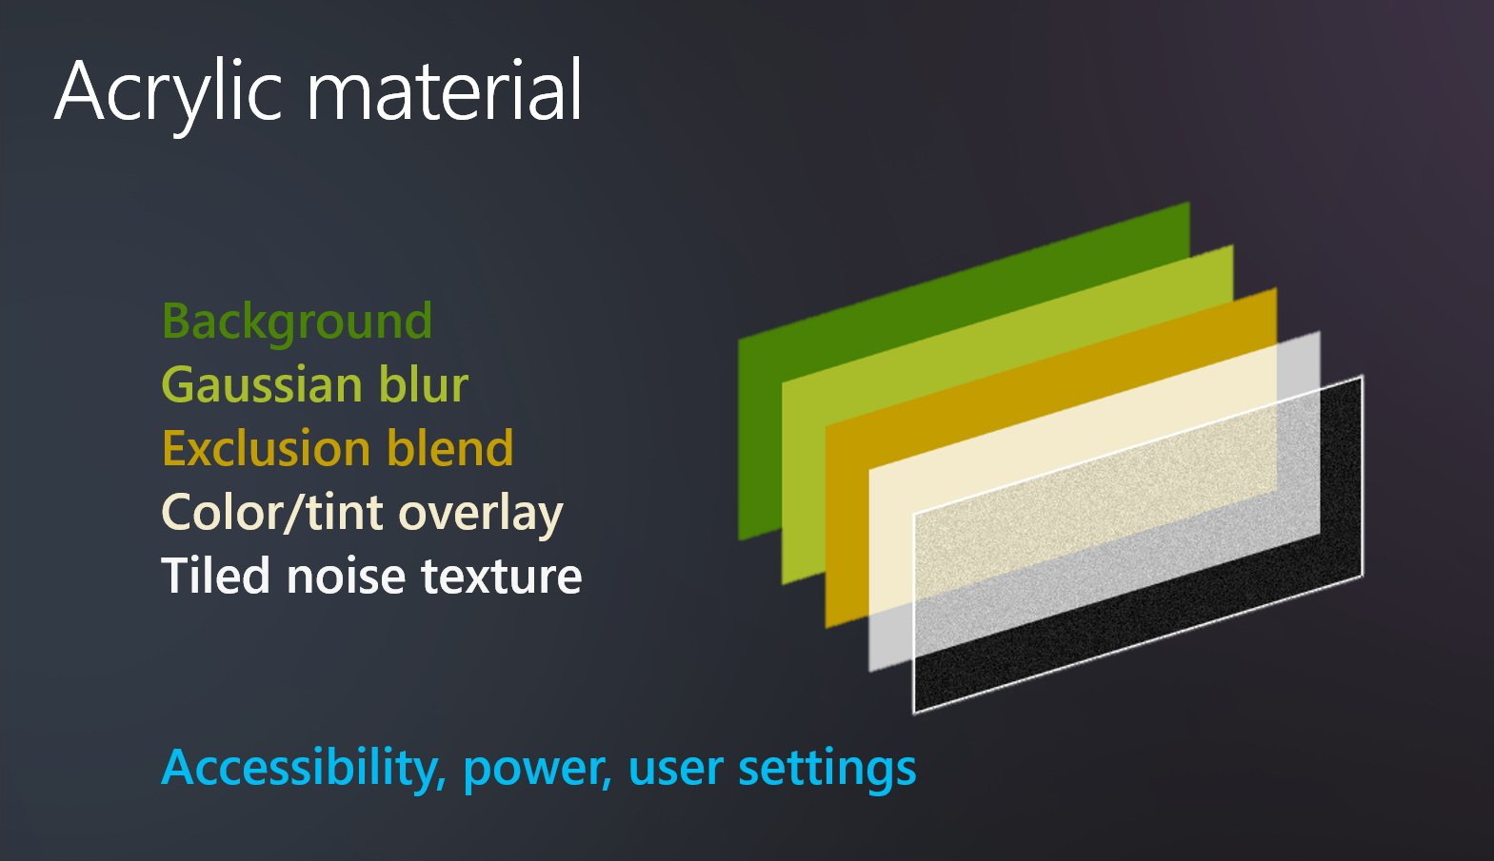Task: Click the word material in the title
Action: pyautogui.click(x=444, y=90)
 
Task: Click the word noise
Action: pyautogui.click(x=347, y=576)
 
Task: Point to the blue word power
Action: pyautogui.click(x=537, y=773)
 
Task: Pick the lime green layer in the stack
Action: pyautogui.click(x=804, y=479)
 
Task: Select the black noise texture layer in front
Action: pyautogui.click(x=1134, y=639)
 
